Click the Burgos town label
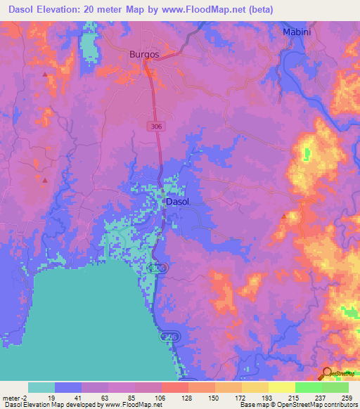pyautogui.click(x=145, y=53)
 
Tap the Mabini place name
pyautogui.click(x=296, y=32)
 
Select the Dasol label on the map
pyautogui.click(x=177, y=202)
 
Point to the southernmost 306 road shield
pyautogui.click(x=167, y=338)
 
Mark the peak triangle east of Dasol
pyautogui.click(x=283, y=216)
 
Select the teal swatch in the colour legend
pyautogui.click(x=41, y=387)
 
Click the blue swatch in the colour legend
pyautogui.click(x=68, y=387)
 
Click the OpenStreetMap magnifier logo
pyautogui.click(x=326, y=374)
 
